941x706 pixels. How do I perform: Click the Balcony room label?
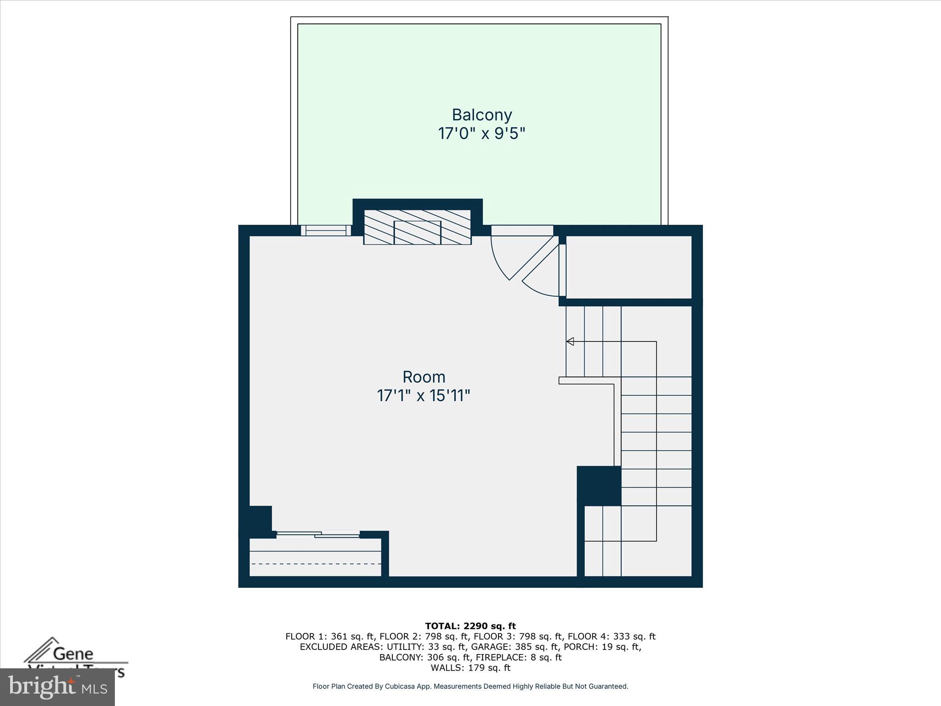coord(482,115)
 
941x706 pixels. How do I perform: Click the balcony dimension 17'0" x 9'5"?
coord(482,134)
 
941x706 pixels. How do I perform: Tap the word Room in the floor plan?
coord(424,377)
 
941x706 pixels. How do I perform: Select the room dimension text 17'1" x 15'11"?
coord(424,396)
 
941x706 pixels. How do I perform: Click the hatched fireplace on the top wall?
coord(417,227)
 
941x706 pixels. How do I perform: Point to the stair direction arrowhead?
coord(570,342)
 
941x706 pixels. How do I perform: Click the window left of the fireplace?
coord(326,230)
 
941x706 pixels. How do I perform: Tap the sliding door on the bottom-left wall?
coord(318,534)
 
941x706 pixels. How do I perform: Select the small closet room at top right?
coord(629,267)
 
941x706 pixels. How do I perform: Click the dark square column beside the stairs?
coord(599,486)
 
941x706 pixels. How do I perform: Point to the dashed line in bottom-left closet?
coord(316,564)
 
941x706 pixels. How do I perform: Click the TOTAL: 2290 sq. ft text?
coord(470,626)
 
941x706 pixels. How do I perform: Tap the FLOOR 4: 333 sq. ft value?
coord(611,637)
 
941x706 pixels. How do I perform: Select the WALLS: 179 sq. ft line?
coord(470,668)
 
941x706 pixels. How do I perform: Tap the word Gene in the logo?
coord(73,654)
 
